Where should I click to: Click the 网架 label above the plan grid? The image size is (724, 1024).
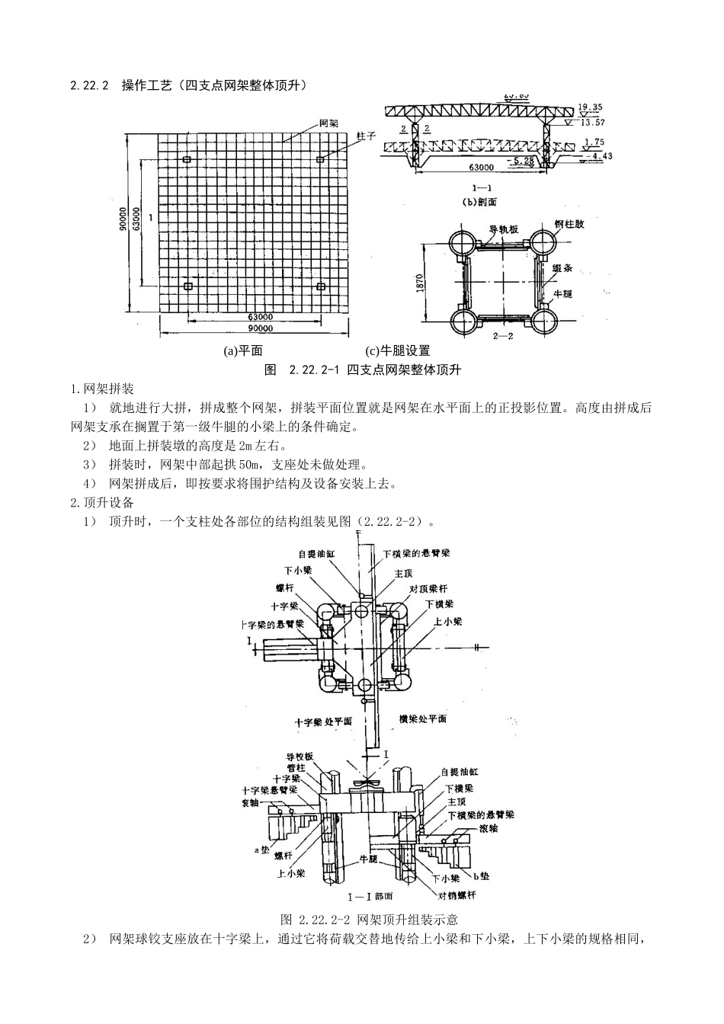[x=328, y=123]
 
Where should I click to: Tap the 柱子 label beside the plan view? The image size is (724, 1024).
[x=365, y=135]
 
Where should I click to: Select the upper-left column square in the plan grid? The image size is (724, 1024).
[x=187, y=159]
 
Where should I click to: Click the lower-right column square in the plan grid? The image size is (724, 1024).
[x=321, y=286]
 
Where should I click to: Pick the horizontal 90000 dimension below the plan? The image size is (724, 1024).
[x=260, y=329]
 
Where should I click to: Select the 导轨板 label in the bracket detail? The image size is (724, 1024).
[x=503, y=229]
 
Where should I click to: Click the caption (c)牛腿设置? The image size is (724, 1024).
[x=398, y=351]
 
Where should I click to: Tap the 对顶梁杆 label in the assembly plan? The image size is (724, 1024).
[x=428, y=589]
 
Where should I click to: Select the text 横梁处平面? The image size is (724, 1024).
[x=422, y=718]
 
